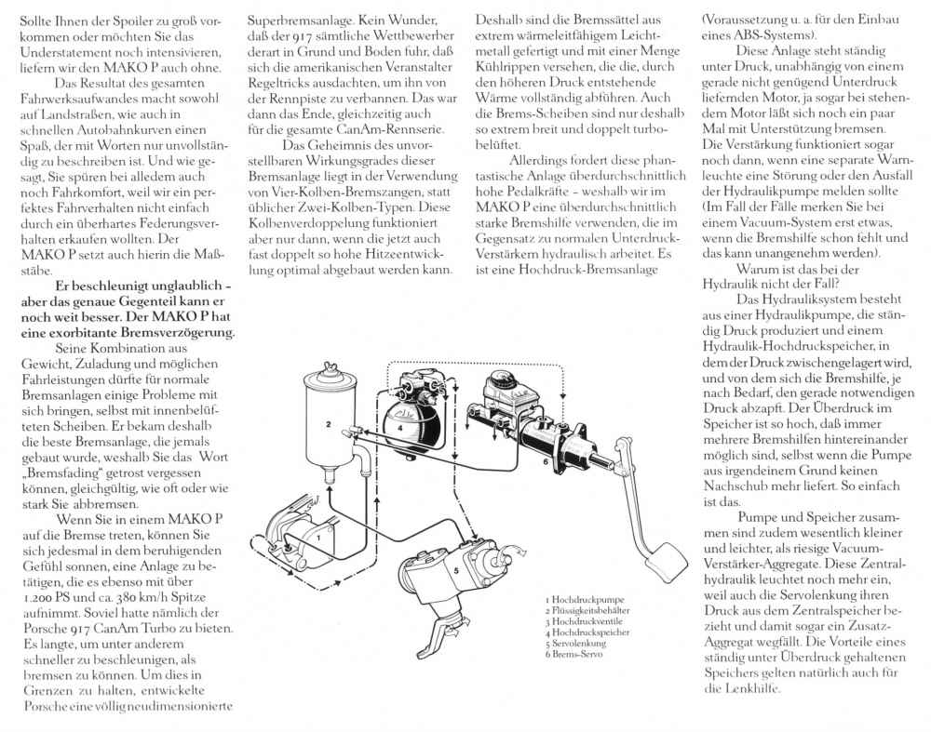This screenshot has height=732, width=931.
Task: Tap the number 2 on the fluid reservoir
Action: (x=330, y=424)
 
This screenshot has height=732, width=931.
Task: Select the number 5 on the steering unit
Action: (x=456, y=569)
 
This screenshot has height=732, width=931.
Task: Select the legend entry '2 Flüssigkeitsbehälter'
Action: (x=591, y=610)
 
